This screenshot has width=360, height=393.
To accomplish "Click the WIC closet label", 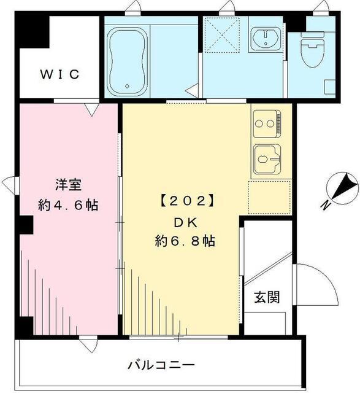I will pyautogui.click(x=60, y=75).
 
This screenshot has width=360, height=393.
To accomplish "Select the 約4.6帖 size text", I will pyautogui.click(x=68, y=205).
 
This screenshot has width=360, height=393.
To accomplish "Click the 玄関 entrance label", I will pyautogui.click(x=267, y=298).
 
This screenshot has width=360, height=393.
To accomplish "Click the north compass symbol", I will pyautogui.click(x=341, y=189).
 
